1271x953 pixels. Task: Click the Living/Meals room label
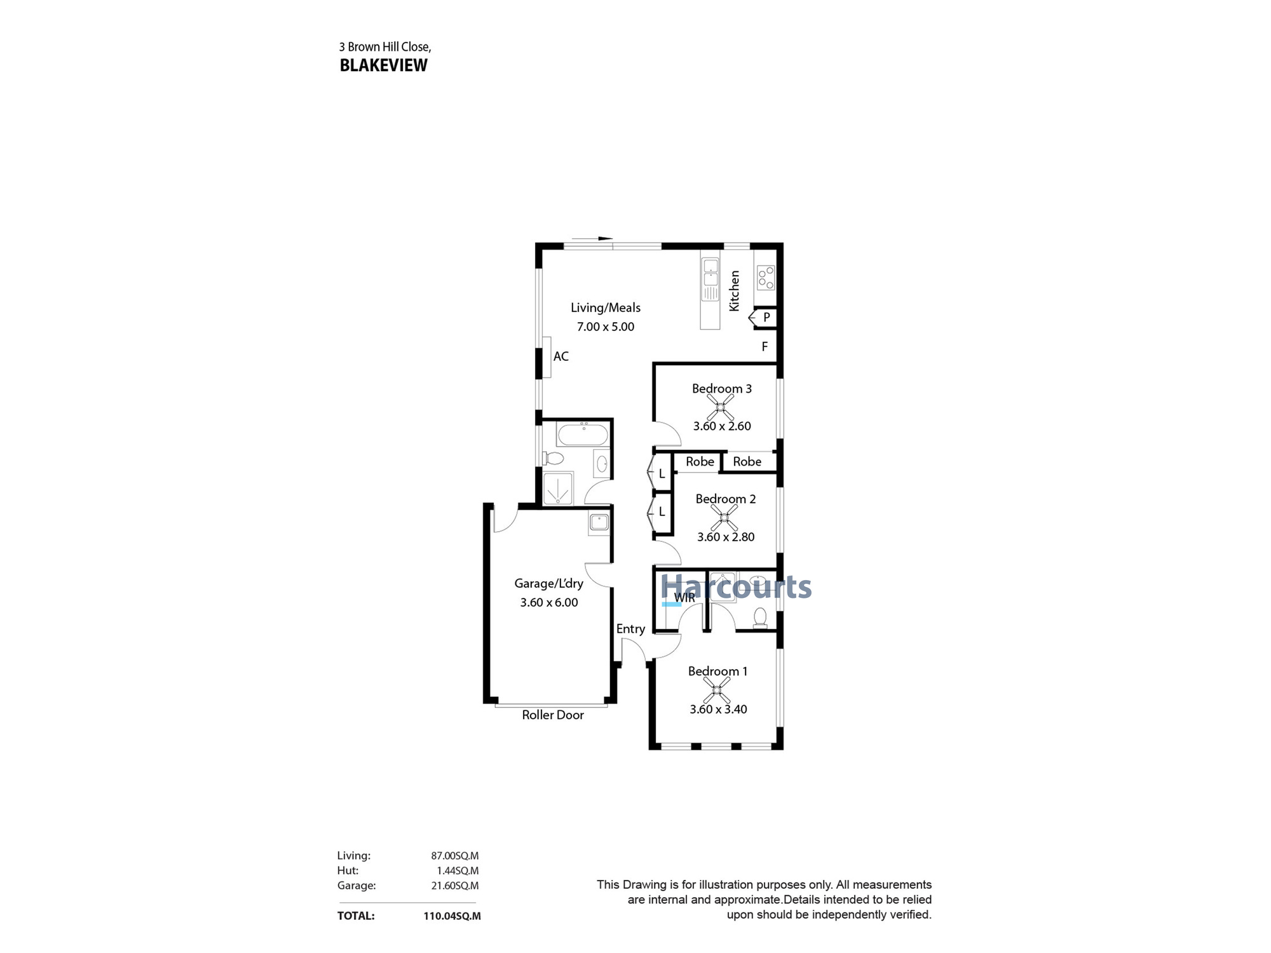tap(605, 308)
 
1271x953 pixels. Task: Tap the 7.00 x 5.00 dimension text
tap(605, 327)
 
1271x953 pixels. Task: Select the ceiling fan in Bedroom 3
tap(720, 407)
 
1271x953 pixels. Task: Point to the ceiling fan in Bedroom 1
tap(717, 689)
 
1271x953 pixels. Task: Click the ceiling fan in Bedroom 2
tap(724, 518)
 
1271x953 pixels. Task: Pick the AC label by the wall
tap(561, 356)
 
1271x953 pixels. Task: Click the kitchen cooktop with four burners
tap(766, 277)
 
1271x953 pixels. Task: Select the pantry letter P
tap(766, 317)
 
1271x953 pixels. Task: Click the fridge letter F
tap(765, 346)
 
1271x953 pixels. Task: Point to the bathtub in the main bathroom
tap(582, 435)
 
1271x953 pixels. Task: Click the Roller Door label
tap(553, 715)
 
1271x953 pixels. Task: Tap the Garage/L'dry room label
tap(548, 583)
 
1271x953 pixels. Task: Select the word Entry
tap(630, 629)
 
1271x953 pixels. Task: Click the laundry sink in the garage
tap(599, 523)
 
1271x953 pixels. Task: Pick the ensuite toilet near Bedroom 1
tap(759, 618)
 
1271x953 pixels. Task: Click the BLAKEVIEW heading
tap(384, 65)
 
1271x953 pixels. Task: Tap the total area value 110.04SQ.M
tap(452, 916)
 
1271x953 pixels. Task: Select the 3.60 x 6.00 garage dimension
tap(549, 602)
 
